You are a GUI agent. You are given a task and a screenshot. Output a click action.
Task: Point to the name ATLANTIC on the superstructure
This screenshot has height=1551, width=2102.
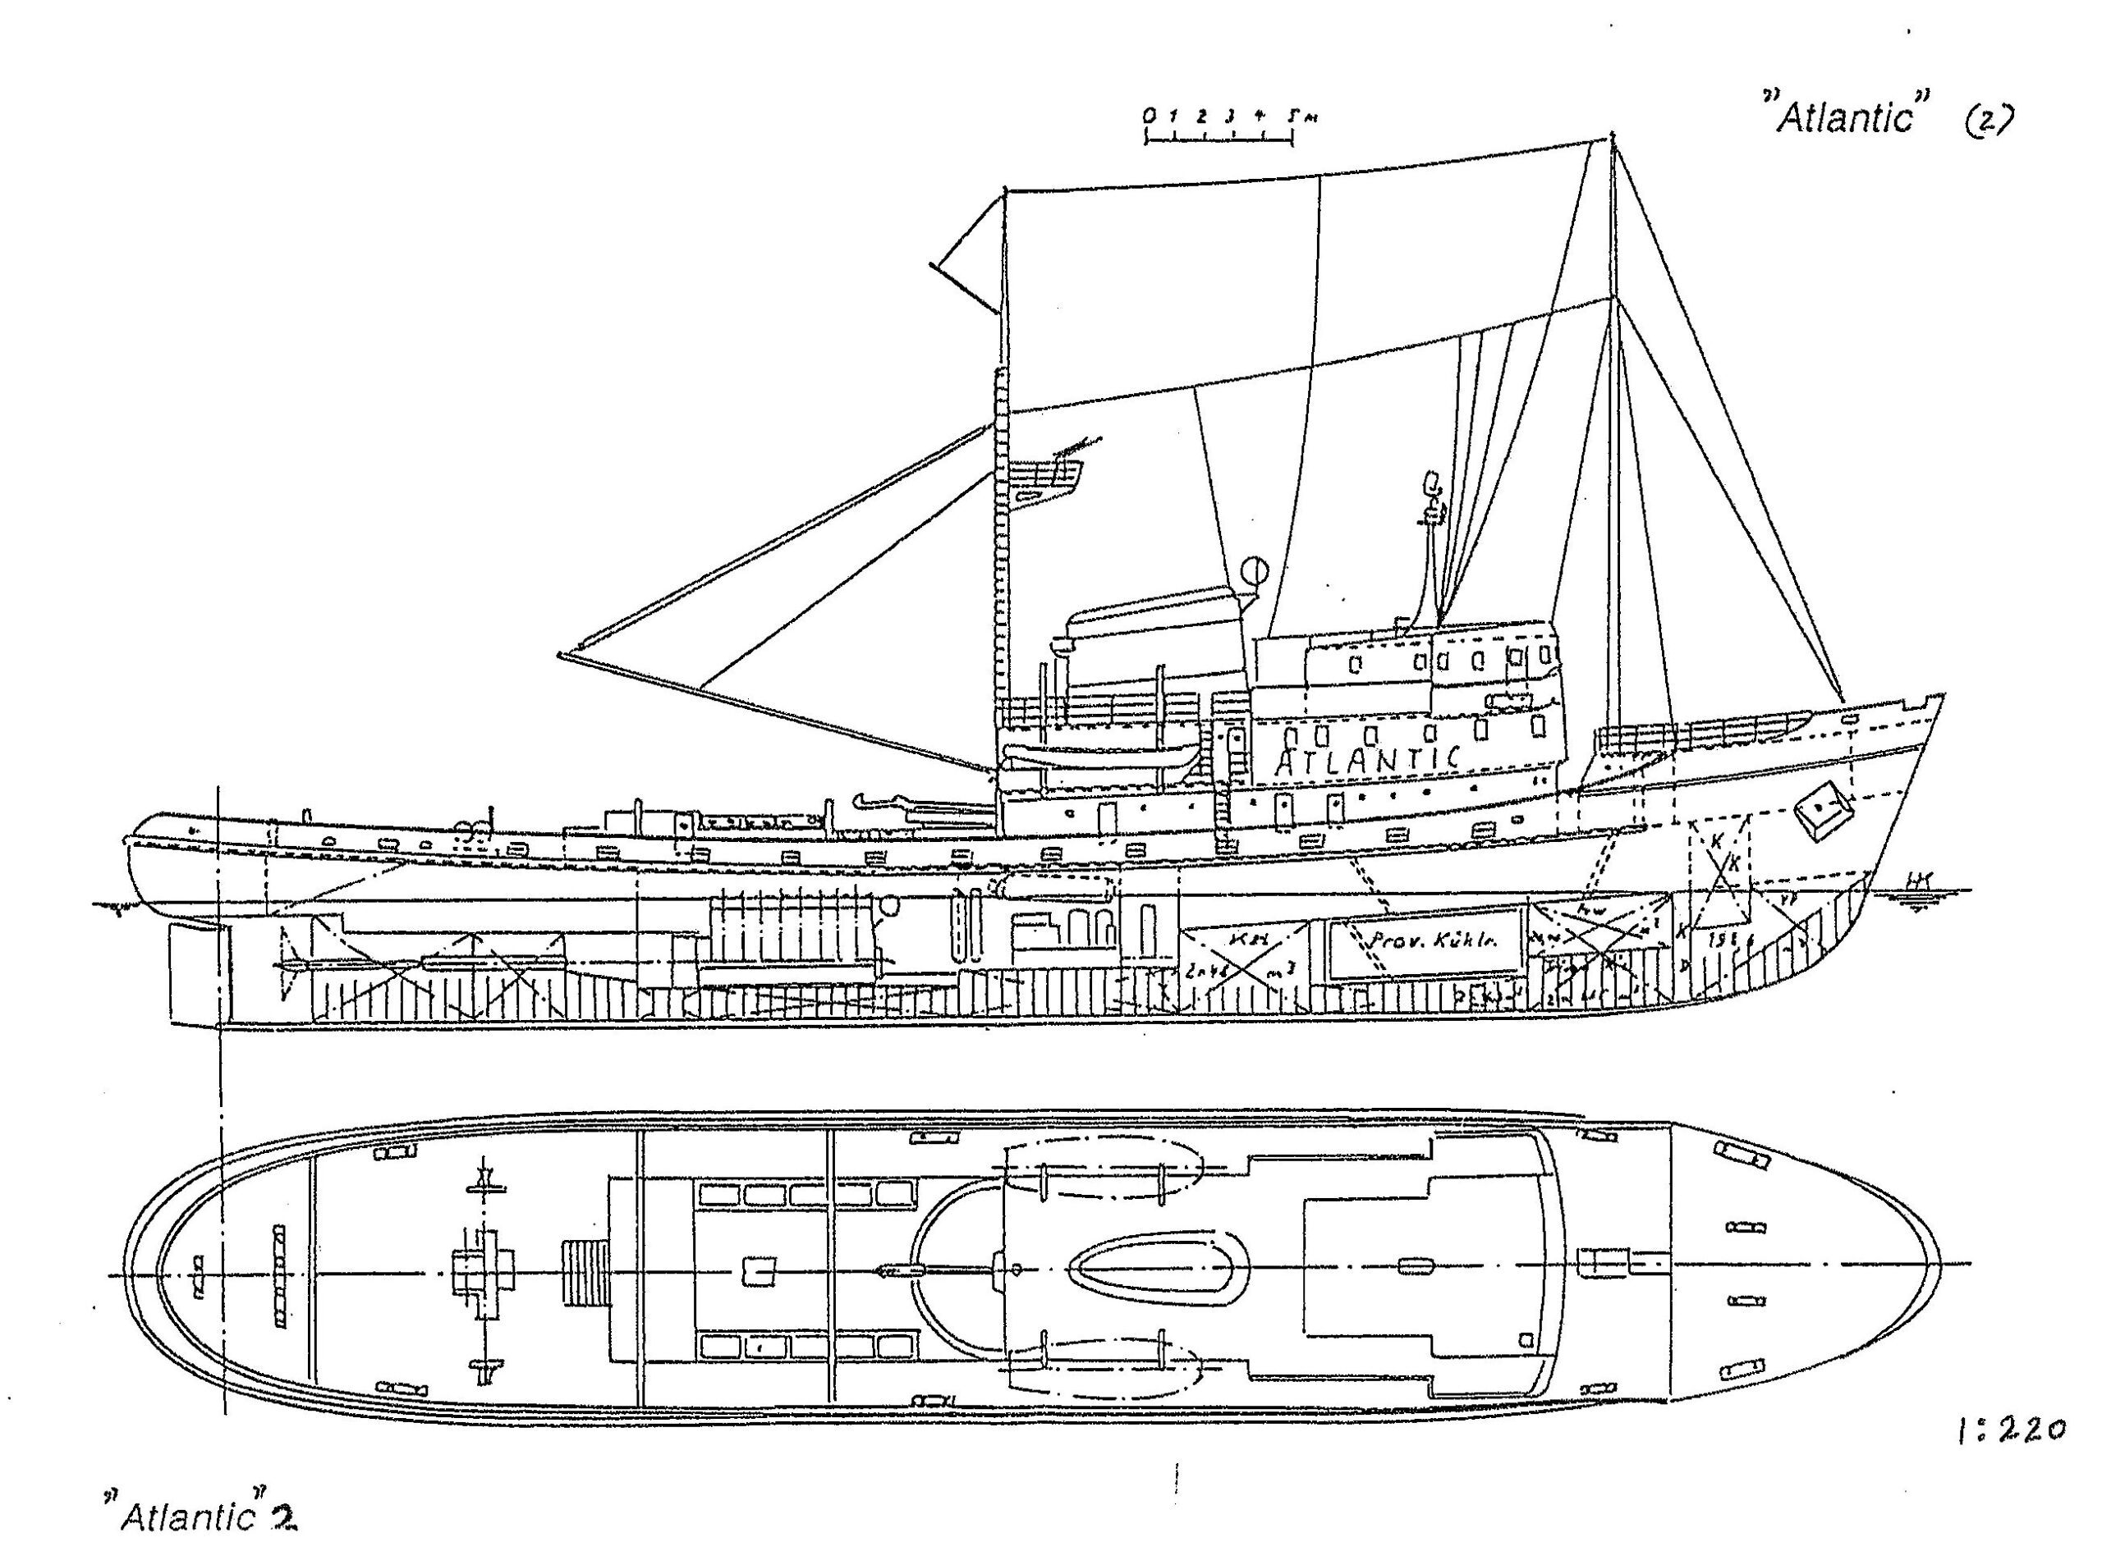(x=1367, y=758)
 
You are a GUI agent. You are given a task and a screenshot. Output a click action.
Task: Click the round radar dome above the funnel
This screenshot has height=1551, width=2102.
(x=1255, y=571)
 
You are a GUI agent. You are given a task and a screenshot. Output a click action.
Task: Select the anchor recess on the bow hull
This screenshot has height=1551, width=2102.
(x=1822, y=810)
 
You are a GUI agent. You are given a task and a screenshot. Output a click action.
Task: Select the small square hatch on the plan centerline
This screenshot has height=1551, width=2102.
(x=759, y=1272)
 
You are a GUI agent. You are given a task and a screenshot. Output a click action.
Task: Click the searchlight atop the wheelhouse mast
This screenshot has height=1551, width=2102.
(x=1432, y=483)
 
